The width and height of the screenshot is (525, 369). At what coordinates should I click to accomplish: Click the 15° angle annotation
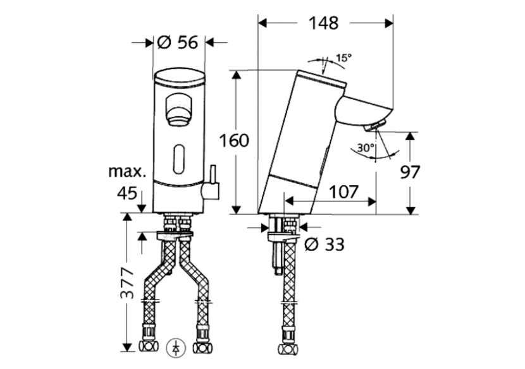[343, 58]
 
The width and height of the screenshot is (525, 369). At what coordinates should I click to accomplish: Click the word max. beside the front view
[127, 171]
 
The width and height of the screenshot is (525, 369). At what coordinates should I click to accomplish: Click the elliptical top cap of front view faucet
[180, 78]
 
